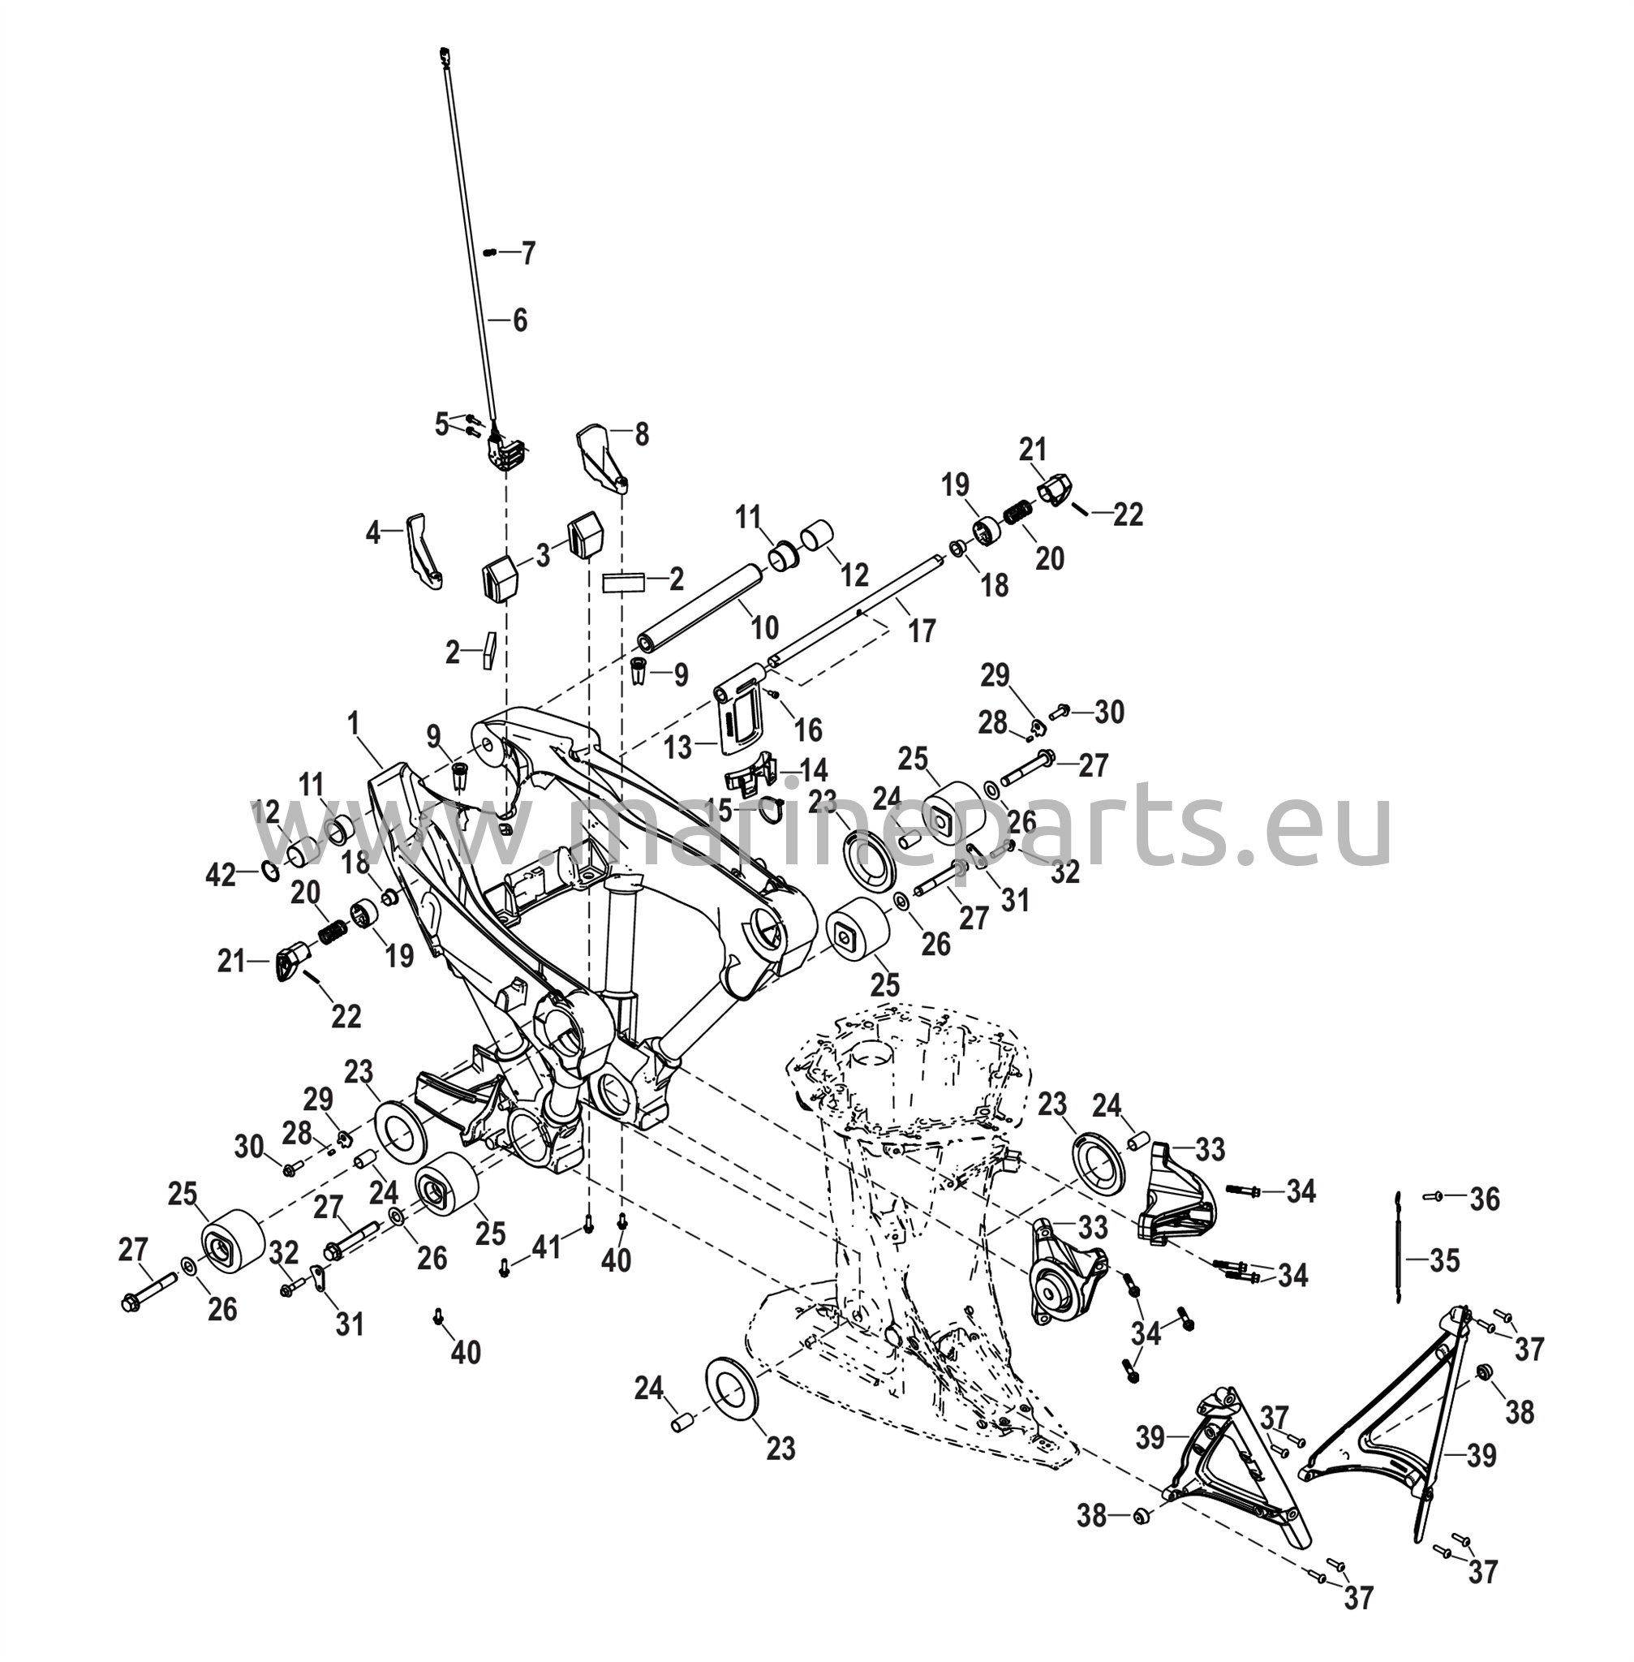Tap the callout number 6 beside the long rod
coord(520,321)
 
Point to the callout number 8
coord(642,434)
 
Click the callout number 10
coord(763,628)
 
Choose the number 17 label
coord(922,631)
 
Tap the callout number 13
coord(677,747)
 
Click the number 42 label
coord(220,876)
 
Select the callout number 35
coord(1444,1260)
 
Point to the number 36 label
coord(1485,1199)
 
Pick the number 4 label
coord(372,533)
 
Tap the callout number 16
coord(808,730)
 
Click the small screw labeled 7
coord(491,252)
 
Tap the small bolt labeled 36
coord(1432,1195)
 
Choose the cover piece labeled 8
coord(600,455)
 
